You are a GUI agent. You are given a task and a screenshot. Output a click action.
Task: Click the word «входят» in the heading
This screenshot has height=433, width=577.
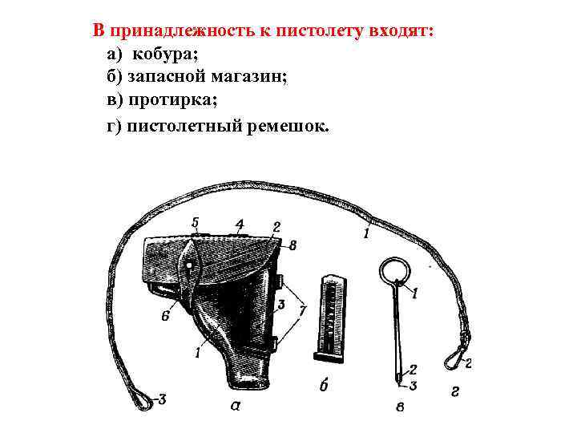click(x=400, y=30)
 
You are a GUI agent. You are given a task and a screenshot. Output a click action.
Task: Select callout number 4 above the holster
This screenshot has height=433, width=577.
click(x=239, y=222)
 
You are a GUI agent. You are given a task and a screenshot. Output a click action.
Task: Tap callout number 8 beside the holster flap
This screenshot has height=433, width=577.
click(x=293, y=245)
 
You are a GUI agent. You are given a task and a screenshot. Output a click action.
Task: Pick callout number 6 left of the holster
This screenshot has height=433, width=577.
click(x=164, y=316)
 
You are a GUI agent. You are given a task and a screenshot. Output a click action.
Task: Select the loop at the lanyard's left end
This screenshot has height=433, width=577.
click(x=143, y=395)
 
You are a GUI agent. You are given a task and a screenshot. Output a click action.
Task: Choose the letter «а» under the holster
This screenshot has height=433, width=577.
click(x=236, y=405)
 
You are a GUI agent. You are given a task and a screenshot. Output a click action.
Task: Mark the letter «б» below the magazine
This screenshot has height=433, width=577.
click(x=325, y=386)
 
